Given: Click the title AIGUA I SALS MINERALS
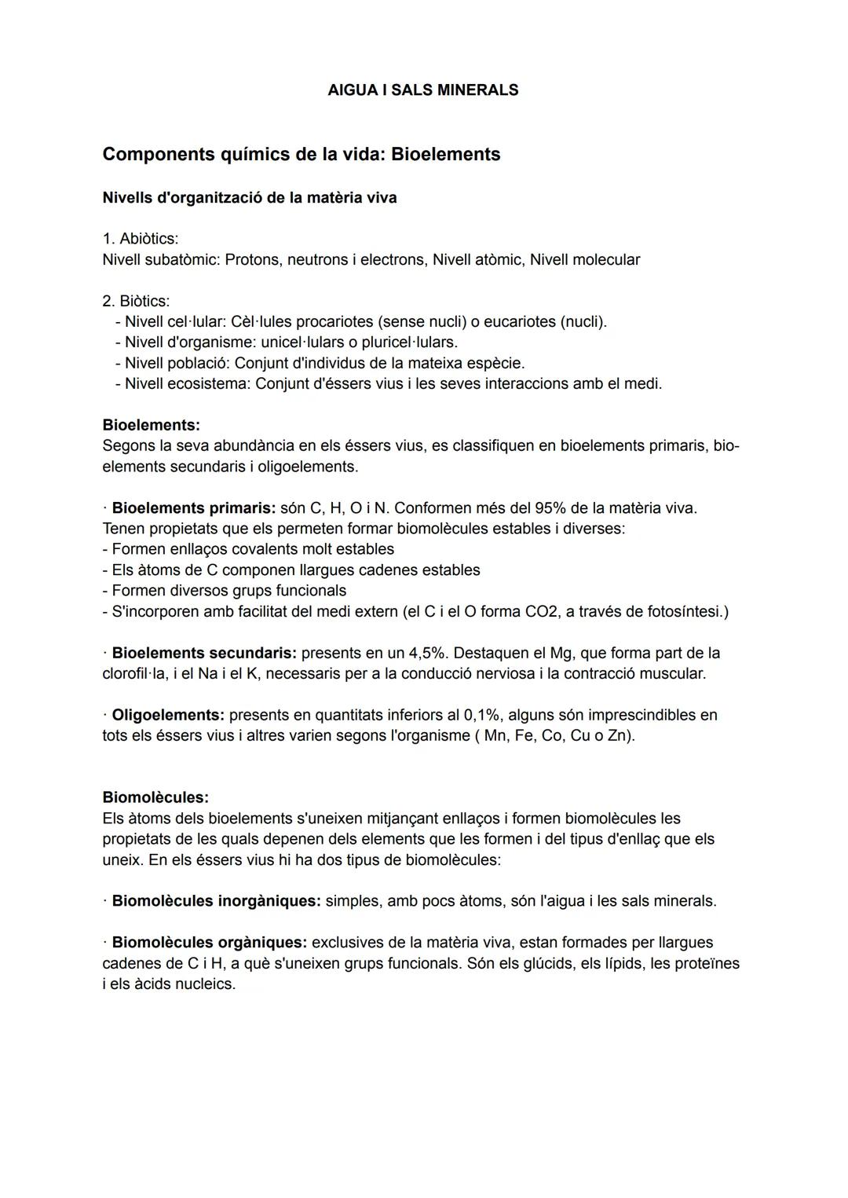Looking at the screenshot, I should pos(422,90).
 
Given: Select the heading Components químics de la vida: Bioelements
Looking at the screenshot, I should pos(301,154).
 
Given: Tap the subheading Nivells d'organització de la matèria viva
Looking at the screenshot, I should pos(249,198).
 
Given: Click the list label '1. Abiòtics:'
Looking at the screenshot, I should pos(141,239).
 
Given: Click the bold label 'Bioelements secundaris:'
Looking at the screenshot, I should pos(203,654).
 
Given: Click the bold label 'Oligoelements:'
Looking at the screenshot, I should pos(168,716).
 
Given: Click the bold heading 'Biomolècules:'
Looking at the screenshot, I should pos(155,798).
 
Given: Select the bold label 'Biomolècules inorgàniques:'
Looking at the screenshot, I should pos(216,901).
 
